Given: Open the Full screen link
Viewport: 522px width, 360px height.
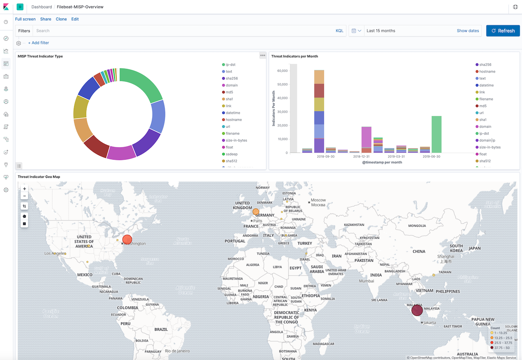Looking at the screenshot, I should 25,19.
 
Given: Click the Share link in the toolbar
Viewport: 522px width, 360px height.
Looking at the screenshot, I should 46,19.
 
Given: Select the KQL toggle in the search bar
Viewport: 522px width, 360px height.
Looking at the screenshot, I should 339,31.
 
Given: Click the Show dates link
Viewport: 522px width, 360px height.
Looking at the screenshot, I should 468,31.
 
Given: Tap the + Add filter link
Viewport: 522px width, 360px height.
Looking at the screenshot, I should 38,43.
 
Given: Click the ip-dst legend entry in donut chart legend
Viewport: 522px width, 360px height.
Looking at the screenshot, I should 230,64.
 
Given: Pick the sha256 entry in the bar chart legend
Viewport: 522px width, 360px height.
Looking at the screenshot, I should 485,64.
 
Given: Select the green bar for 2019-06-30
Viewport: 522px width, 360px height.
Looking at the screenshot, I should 436,134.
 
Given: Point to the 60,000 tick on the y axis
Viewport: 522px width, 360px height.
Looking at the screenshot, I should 282,71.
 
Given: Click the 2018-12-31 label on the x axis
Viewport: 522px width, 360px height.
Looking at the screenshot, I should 361,156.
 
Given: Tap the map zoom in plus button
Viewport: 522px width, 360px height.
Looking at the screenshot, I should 24,189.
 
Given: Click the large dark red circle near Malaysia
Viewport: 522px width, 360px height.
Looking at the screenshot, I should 417,311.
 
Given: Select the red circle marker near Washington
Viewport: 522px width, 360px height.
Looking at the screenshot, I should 127,240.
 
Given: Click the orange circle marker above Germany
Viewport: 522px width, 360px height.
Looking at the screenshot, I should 256,211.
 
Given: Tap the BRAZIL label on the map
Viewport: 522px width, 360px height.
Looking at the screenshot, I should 161,329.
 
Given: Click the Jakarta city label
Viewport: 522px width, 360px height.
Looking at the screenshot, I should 429,323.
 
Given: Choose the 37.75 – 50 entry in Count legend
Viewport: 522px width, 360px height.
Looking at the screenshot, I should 502,348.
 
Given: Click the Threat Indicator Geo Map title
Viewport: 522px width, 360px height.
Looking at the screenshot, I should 39,177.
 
